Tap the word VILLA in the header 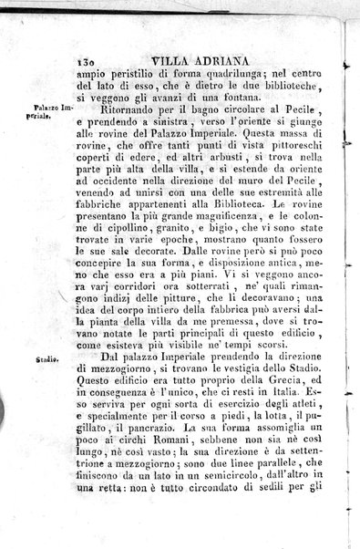172,54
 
